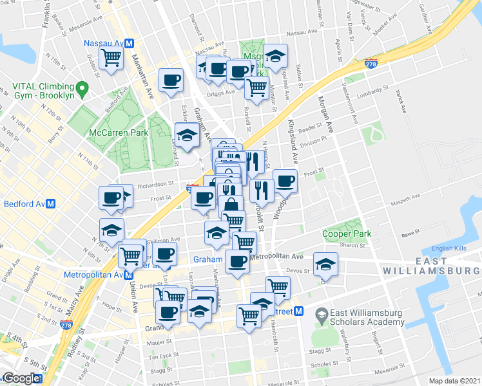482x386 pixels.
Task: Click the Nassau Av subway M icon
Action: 129,43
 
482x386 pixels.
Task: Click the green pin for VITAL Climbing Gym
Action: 81,87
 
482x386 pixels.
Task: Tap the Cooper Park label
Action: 345,235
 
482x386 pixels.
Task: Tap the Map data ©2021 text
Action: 455,381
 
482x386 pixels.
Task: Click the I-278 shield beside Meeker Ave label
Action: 370,62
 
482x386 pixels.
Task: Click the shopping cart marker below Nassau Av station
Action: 111,57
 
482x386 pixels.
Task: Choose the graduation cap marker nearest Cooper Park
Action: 325,264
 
